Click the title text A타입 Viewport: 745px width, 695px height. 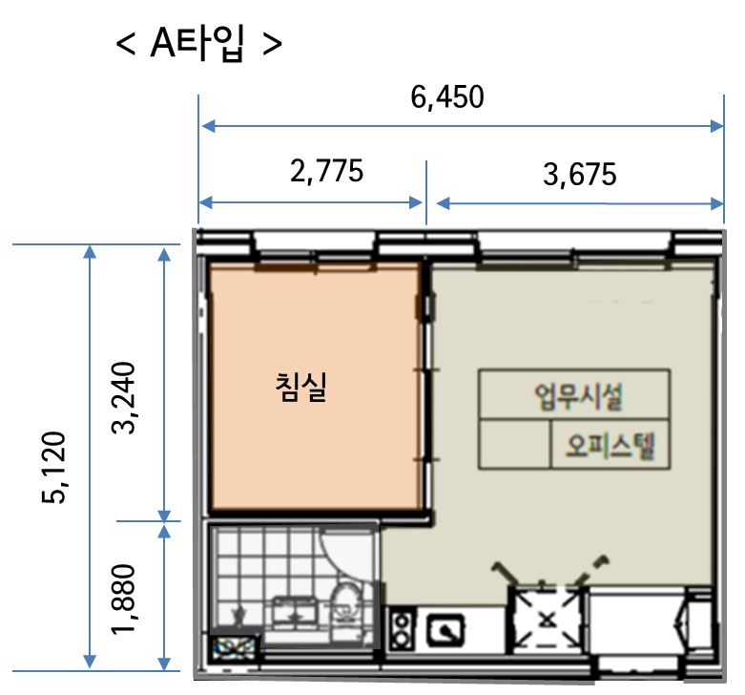pos(197,43)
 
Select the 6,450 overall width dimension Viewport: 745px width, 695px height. pos(447,96)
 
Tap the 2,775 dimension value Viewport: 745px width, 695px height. pos(327,171)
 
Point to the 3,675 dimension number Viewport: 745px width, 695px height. pos(580,174)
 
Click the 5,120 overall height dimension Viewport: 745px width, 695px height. pos(52,467)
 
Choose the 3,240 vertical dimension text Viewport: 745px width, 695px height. pos(124,397)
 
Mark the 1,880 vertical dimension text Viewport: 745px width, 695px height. pos(124,600)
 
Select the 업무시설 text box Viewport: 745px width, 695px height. pos(574,394)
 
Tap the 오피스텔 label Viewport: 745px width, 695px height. pos(610,446)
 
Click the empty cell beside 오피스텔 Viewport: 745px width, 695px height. pos(514,445)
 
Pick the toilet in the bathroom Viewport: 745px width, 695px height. pos(344,604)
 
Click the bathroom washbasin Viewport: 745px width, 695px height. pos(295,612)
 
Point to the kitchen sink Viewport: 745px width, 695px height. pos(445,631)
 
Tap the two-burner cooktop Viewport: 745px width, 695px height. pos(402,630)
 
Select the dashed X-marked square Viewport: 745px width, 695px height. pos(548,619)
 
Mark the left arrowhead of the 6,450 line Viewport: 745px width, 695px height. pos(208,126)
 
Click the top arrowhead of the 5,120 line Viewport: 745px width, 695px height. pos(90,251)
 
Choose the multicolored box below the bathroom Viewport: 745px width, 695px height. pos(234,646)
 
